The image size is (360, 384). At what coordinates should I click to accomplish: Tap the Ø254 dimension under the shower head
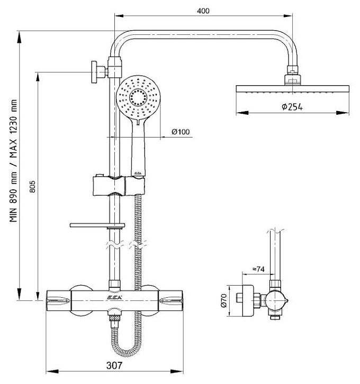pyautogui.click(x=292, y=107)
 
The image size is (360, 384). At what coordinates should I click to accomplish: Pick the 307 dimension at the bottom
pyautogui.click(x=114, y=365)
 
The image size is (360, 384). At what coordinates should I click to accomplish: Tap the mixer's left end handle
pyautogui.click(x=58, y=300)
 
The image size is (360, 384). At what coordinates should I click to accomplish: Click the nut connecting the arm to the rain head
pyautogui.click(x=292, y=75)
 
